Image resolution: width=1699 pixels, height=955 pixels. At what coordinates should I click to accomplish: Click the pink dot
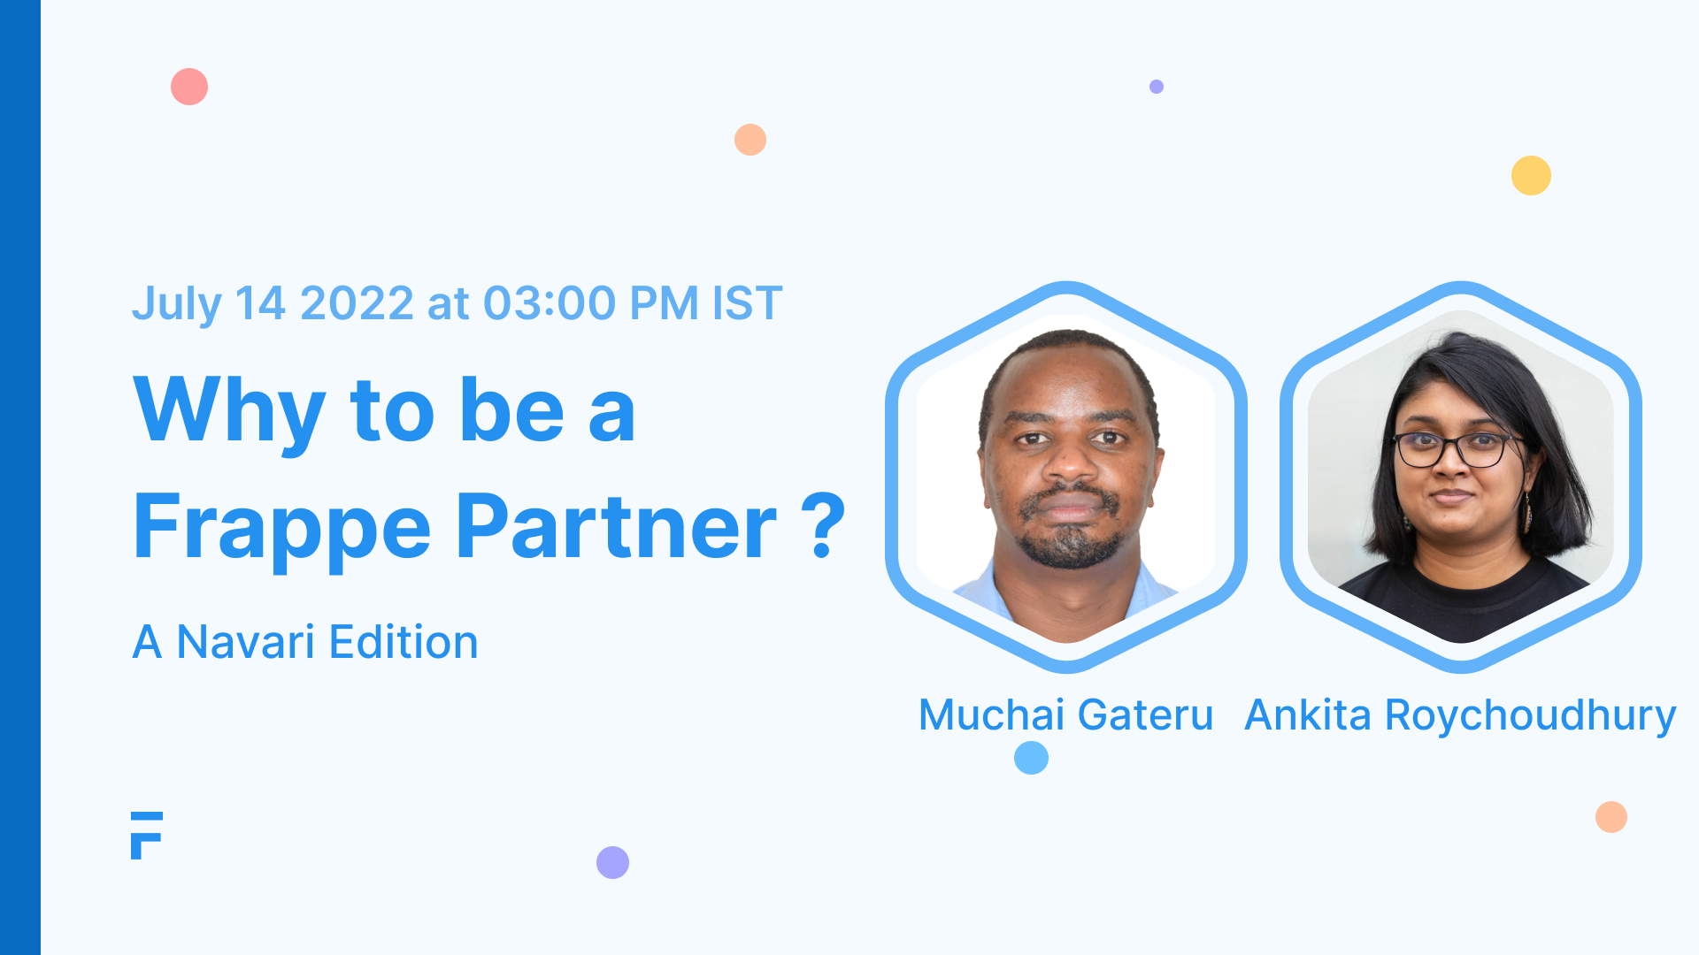[189, 87]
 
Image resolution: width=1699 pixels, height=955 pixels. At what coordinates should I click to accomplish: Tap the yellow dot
[1531, 175]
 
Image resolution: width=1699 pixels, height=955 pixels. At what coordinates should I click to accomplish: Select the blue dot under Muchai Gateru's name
[1031, 758]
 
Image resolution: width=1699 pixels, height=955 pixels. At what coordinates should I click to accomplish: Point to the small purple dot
[1157, 87]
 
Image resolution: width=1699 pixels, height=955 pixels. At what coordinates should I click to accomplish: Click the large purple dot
[612, 862]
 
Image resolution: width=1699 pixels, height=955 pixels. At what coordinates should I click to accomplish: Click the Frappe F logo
[147, 835]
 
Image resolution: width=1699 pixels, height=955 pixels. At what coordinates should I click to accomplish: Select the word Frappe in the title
[282, 528]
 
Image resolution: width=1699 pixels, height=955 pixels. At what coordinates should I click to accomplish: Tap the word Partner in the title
[617, 528]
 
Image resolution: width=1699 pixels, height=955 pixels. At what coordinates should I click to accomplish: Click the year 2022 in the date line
[357, 303]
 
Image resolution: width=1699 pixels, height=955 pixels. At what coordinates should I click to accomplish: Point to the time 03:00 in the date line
[549, 303]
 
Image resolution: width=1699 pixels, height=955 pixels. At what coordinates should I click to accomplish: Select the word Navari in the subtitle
[245, 642]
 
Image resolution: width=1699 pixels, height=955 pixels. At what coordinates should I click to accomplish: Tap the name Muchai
[991, 714]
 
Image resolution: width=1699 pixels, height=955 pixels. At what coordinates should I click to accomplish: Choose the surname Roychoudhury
[1530, 716]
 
